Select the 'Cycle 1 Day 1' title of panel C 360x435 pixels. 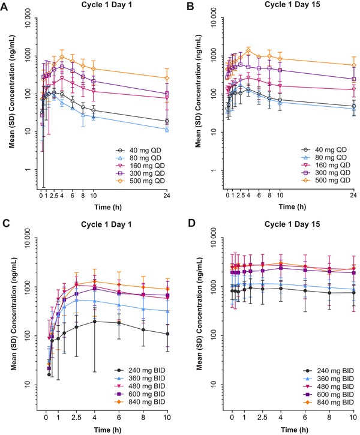coord(99,229)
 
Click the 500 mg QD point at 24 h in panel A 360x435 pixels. coord(166,78)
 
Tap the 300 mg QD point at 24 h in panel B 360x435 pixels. coord(354,79)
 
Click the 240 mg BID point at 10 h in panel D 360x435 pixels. coord(354,293)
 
